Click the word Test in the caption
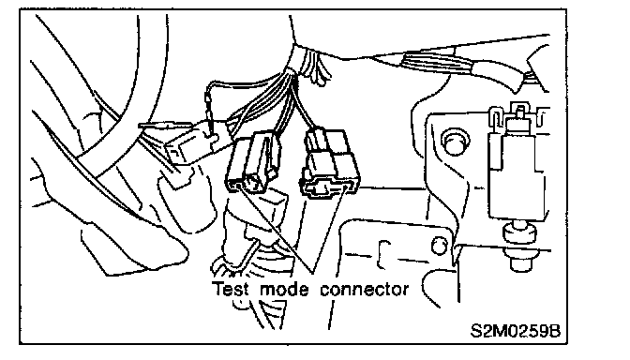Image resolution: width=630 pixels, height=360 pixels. pos(231,289)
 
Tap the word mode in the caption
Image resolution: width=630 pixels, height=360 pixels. pos(284,289)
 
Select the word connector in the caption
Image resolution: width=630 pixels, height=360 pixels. pos(365,290)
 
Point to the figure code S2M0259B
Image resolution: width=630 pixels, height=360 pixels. pos(515,331)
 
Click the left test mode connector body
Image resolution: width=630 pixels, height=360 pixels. pos(253,164)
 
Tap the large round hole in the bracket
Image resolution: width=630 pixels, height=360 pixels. pos(455,142)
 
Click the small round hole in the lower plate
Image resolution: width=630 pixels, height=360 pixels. pos(439,246)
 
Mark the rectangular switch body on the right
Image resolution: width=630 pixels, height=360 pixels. pos(517,177)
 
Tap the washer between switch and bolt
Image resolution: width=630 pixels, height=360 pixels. pos(520,232)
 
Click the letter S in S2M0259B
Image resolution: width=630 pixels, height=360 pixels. pos(475,331)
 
